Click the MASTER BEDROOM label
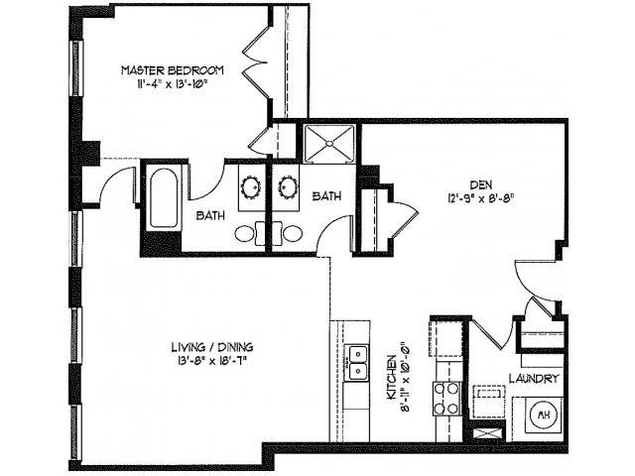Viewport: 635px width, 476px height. coord(172,71)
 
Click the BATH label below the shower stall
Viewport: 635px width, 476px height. coord(326,196)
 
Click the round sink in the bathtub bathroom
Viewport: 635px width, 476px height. coord(249,186)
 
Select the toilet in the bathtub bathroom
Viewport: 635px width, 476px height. coord(247,234)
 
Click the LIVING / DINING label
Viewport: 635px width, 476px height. coord(211,347)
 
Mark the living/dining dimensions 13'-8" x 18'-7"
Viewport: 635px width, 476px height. coord(211,361)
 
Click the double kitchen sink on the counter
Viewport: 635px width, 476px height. coord(356,362)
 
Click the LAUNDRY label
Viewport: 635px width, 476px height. coord(537,379)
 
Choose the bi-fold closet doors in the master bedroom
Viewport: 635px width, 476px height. coord(255,59)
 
